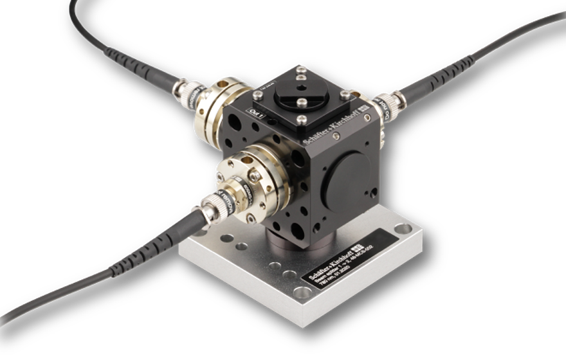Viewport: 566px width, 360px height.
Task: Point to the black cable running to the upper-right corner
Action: [x=502, y=45]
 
